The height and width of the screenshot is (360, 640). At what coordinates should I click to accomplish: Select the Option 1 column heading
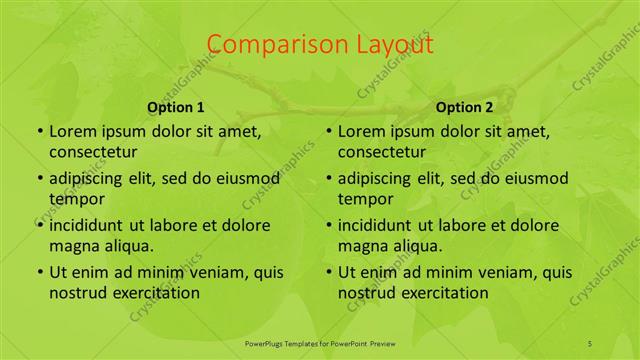(176, 107)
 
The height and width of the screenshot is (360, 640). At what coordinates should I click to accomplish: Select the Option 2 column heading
(465, 107)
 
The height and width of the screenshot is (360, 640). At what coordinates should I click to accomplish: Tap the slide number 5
(590, 343)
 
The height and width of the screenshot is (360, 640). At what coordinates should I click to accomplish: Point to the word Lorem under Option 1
(73, 132)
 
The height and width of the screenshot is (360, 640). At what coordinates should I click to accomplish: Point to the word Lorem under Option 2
(362, 132)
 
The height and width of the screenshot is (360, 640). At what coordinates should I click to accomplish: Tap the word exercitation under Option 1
(152, 292)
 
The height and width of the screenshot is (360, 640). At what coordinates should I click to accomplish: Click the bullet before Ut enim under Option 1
(38, 272)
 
